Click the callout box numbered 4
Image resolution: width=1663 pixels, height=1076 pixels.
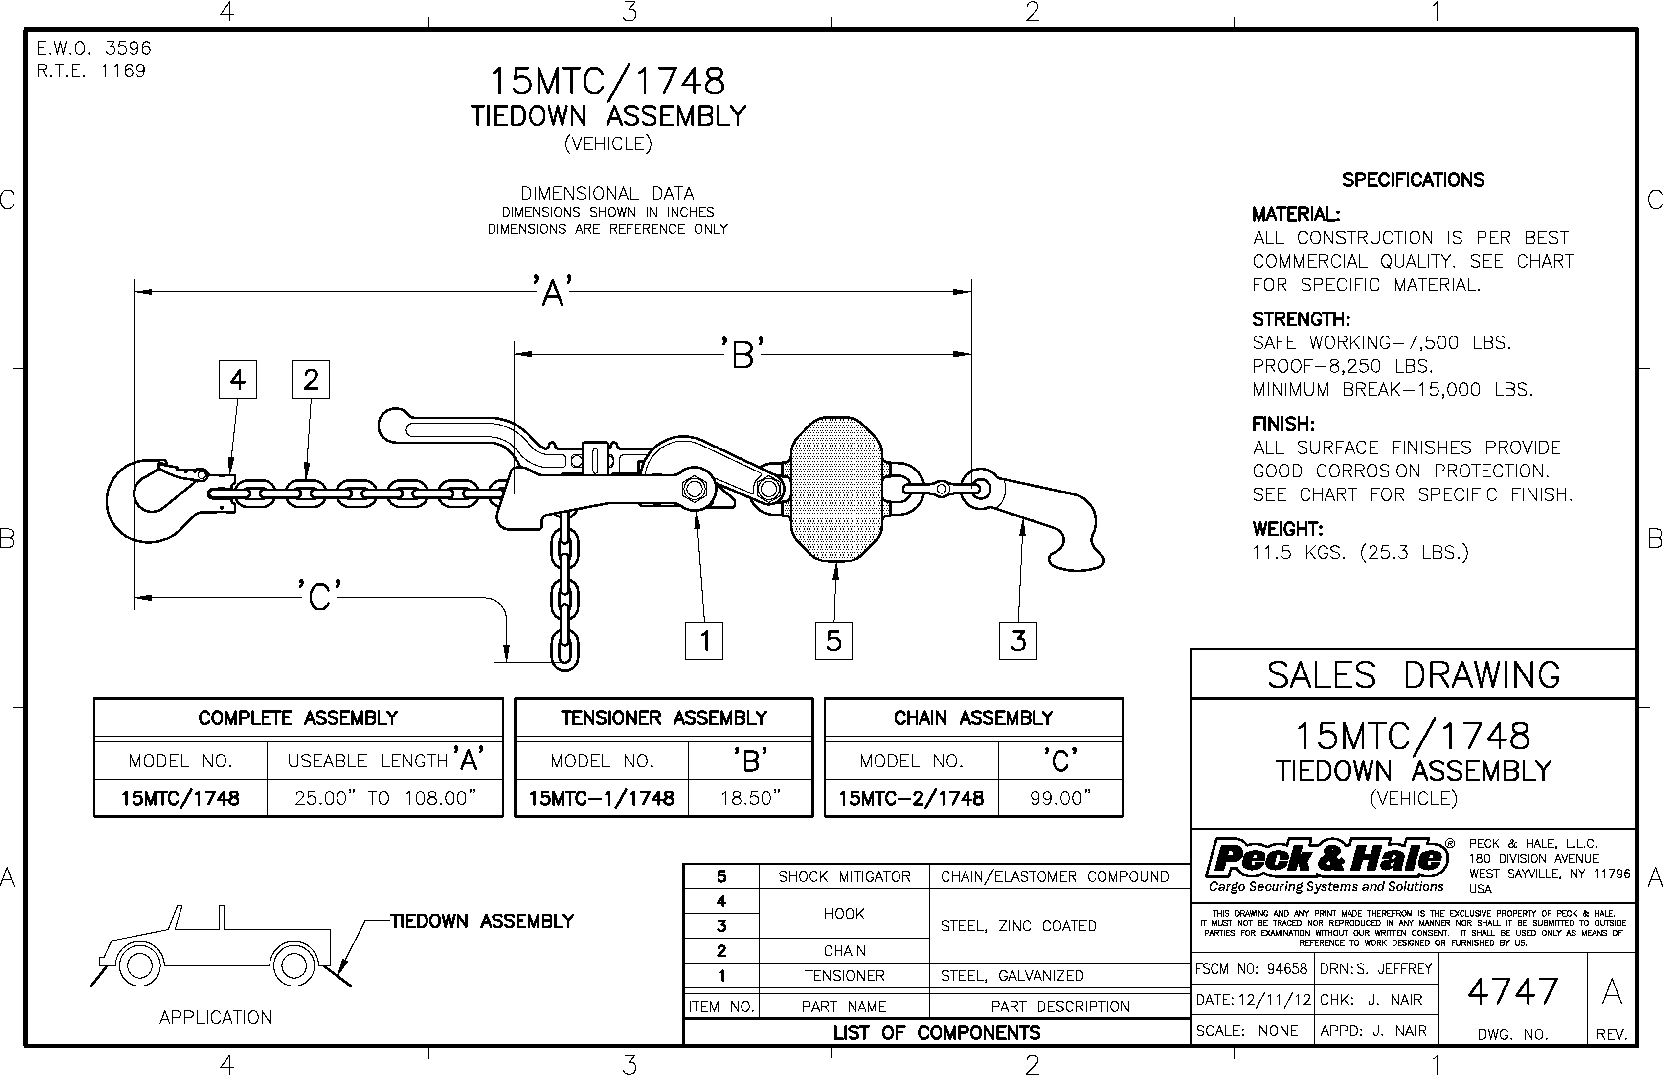click(x=238, y=380)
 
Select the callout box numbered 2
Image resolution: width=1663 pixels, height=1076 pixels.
click(x=311, y=380)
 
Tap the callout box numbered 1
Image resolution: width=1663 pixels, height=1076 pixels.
click(x=704, y=641)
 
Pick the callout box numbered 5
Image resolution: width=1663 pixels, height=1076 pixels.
click(x=833, y=641)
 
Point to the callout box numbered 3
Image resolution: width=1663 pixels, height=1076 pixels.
click(x=1018, y=641)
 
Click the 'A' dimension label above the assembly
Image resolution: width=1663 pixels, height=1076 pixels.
click(x=553, y=291)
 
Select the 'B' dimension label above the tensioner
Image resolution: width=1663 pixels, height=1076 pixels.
click(x=743, y=354)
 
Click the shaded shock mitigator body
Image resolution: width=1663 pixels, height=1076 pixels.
click(x=836, y=489)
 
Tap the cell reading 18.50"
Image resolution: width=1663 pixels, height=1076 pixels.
click(x=750, y=798)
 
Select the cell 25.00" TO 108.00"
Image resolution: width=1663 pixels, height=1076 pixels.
click(x=385, y=798)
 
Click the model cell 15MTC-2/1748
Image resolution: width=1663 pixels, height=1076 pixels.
click(x=911, y=798)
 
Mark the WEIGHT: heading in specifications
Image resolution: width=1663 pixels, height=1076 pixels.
click(x=1287, y=529)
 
